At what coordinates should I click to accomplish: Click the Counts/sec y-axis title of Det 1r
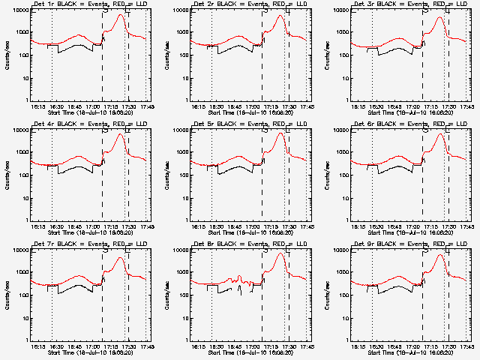coord(6,55)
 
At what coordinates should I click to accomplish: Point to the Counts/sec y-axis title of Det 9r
coord(327,295)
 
